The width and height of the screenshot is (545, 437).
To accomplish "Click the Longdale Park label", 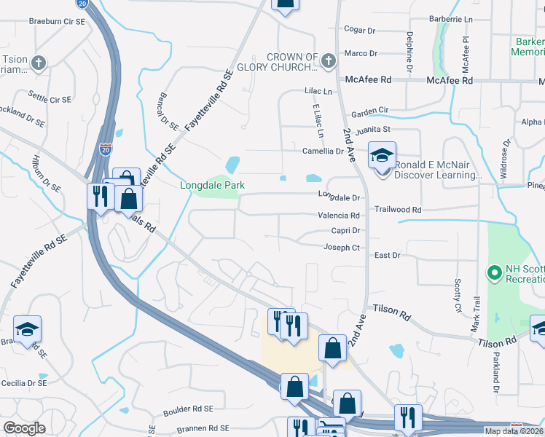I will coord(213,185).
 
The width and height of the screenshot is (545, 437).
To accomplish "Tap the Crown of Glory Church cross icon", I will coord(328,60).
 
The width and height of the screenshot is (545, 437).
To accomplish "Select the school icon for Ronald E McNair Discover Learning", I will coord(382,156).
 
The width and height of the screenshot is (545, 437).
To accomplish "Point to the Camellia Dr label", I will coord(323,151).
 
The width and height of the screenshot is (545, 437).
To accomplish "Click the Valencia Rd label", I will coord(339,216).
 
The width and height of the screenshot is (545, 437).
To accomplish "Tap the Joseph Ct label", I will coord(342,248).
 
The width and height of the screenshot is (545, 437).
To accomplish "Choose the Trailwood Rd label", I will coord(398,209).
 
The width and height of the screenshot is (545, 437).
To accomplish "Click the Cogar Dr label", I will coord(359,30).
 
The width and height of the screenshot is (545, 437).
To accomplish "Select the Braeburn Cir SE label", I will coord(57,22).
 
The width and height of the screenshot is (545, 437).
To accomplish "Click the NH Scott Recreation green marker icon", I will coord(494,275).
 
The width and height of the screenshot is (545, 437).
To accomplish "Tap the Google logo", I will coord(24,428).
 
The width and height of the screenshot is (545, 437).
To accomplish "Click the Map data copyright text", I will coord(513,431).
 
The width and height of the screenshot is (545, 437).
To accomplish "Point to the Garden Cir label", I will coord(370,111).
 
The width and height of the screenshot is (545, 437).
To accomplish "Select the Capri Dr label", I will coord(346,230).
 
